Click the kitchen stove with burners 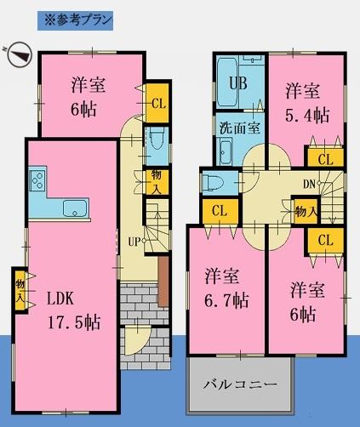pos(37,180)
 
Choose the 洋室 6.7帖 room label pos(226,288)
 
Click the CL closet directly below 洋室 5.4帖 pos(324,158)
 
